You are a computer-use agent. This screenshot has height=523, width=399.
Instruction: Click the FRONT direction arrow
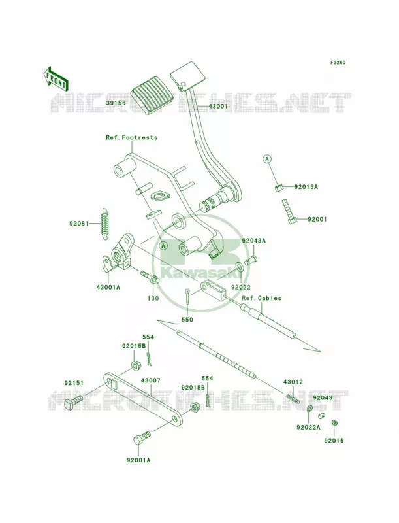click(x=56, y=78)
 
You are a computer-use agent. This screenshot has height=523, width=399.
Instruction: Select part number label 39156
click(x=116, y=103)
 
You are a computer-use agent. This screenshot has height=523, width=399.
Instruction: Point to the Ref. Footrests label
click(x=131, y=137)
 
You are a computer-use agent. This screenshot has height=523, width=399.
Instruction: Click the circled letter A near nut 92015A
click(x=266, y=160)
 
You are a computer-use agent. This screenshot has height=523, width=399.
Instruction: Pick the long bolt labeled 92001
click(x=289, y=211)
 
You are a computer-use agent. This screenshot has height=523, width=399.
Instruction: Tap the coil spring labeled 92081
click(x=105, y=222)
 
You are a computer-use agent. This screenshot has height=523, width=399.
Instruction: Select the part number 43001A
click(x=108, y=286)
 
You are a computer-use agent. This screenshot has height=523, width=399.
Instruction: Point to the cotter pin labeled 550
click(x=187, y=296)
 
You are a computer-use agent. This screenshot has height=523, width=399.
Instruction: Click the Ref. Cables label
click(x=261, y=298)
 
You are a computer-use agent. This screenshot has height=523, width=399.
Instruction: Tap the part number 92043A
click(x=254, y=241)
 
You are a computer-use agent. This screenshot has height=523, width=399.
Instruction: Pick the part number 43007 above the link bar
click(x=151, y=380)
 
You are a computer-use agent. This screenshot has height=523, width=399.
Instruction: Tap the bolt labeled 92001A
click(x=142, y=438)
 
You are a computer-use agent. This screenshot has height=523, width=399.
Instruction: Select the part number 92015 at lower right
click(x=334, y=441)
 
